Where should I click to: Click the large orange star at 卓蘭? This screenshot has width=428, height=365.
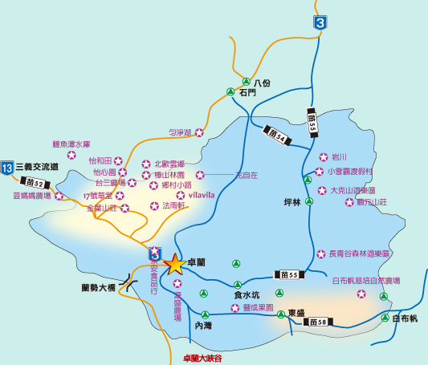(174, 263)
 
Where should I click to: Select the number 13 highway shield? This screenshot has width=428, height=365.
(7, 168)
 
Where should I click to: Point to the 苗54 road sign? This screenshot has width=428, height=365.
(276, 132)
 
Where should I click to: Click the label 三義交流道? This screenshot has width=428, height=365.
(39, 168)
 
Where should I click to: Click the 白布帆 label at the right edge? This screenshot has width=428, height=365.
(406, 318)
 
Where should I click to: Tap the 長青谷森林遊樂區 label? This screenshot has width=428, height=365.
(359, 253)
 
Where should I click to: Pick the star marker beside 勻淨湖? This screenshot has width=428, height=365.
(200, 132)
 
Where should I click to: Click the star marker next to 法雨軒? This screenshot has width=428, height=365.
(154, 206)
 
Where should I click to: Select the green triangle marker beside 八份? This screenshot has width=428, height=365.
(246, 81)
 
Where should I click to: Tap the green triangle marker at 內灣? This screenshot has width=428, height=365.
(205, 314)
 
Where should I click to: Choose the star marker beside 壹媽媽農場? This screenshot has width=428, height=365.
(59, 196)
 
